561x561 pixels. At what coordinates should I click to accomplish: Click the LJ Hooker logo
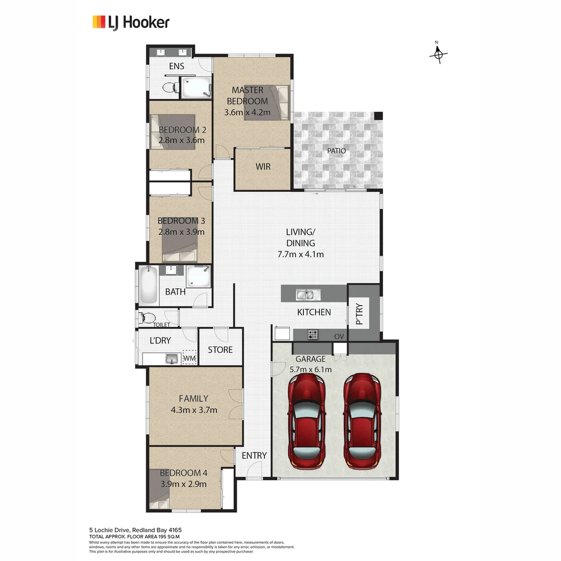[x=131, y=22]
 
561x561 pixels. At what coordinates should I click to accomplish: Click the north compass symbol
[x=438, y=53]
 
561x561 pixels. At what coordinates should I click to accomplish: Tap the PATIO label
[x=336, y=151]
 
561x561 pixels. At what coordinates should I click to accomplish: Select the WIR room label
[x=262, y=167]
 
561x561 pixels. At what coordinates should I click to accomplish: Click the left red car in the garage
[x=307, y=421]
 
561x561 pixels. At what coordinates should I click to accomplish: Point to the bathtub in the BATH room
[x=148, y=285]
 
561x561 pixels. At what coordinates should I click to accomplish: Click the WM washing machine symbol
[x=189, y=358]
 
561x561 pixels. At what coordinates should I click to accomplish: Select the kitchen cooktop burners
[x=313, y=335]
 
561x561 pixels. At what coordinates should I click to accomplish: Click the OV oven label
[x=340, y=336]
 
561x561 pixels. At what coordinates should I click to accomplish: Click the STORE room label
[x=220, y=350]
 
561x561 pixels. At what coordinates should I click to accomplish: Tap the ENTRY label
[x=254, y=456]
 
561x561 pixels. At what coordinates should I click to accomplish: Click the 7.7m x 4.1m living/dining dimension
[x=301, y=255]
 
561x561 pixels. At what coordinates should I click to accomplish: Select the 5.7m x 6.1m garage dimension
[x=310, y=370]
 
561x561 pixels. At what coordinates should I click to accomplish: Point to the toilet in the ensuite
[x=169, y=87]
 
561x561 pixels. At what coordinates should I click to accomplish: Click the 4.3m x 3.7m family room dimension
[x=194, y=410]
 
